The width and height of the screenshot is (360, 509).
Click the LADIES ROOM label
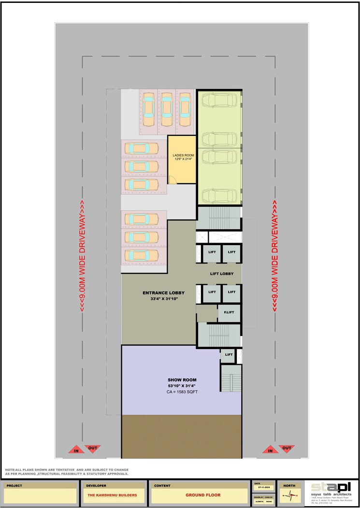[182, 155]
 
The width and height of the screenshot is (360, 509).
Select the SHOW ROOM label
[182, 379]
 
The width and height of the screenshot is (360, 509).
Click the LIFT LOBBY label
[222, 274]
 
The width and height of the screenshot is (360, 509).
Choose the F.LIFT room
[229, 313]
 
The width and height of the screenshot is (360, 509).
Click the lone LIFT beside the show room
[229, 355]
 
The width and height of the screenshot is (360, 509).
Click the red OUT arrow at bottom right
[287, 449]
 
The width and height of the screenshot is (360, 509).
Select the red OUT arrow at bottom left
[92, 449]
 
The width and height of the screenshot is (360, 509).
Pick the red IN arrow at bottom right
[270, 450]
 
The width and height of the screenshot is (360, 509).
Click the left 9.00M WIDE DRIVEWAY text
[83, 256]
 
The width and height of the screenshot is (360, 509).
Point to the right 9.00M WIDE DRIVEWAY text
[275, 256]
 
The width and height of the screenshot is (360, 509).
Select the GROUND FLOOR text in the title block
[203, 495]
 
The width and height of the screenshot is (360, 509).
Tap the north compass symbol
[289, 494]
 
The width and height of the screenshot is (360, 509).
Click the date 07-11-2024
[263, 488]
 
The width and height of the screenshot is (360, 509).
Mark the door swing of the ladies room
[173, 180]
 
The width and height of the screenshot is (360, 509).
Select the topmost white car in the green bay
[219, 100]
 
